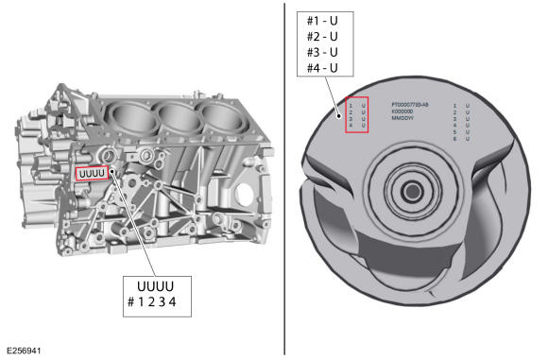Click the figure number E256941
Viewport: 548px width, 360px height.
[x=24, y=350]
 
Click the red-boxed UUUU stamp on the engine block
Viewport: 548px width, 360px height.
[x=93, y=173]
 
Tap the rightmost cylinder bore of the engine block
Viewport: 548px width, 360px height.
[x=220, y=116]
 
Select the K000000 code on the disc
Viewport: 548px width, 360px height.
[x=405, y=111]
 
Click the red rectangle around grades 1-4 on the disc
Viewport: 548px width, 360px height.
[x=356, y=114]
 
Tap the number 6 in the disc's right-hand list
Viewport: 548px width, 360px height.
[x=455, y=139]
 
